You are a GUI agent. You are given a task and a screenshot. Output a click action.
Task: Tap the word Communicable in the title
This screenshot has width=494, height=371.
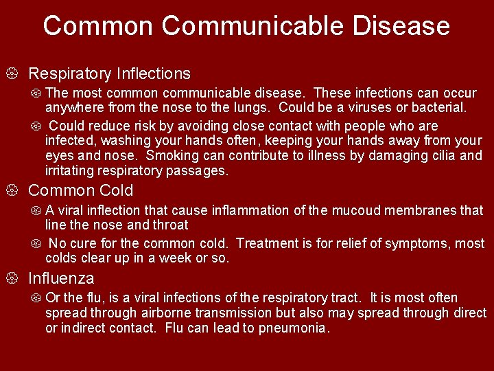[x=252, y=26]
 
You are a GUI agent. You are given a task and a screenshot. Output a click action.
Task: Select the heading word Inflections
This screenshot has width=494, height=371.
[x=154, y=73]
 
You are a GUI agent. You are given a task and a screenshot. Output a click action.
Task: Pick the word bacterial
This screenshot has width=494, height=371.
[x=436, y=108]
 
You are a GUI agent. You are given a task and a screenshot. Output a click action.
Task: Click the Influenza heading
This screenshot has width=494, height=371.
[x=61, y=278]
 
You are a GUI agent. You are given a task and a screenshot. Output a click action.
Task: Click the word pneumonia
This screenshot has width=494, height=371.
[x=294, y=328]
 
